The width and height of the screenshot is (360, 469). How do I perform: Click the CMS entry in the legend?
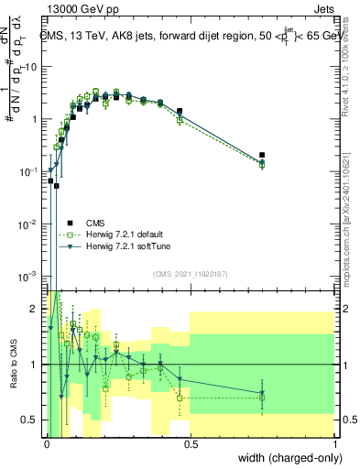95,223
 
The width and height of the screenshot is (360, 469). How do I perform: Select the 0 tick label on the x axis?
47,444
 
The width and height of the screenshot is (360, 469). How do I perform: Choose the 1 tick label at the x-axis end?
335,444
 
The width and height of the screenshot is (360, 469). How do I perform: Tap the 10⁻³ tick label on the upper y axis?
30,277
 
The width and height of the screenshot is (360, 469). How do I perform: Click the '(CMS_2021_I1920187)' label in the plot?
191,274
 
